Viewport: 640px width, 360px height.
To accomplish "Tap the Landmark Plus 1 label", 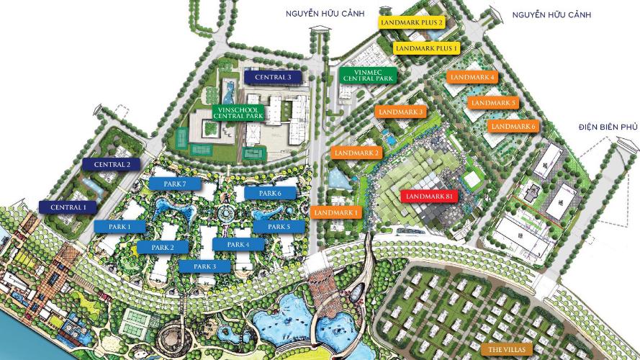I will (428, 48).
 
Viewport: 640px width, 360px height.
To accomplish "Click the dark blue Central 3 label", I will (273, 76).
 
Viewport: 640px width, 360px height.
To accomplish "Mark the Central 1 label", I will (68, 207).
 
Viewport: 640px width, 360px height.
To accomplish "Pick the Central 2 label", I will (111, 164).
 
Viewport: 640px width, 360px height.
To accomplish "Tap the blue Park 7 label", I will (173, 184).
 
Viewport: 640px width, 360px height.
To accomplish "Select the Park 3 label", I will (203, 266).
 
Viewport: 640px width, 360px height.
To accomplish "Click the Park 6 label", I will (269, 193).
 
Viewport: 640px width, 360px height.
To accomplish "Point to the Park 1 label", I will (119, 227).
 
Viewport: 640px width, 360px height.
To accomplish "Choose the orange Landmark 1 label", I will (337, 212).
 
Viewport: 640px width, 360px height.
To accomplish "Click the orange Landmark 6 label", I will (513, 127).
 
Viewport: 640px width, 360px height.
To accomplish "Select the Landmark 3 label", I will (400, 112).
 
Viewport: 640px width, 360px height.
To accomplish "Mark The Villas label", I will (508, 349).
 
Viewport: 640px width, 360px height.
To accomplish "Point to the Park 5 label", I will (278, 227).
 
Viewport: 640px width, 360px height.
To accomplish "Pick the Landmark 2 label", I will (356, 153).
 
